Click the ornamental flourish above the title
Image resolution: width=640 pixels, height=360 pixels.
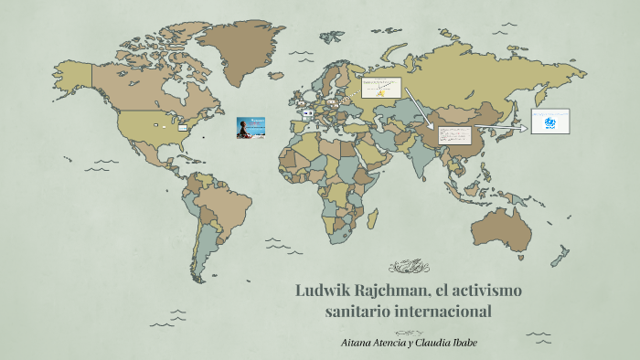click(409, 267)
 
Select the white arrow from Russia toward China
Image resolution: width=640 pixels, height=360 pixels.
click(421, 109)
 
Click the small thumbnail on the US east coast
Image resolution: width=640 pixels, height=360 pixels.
click(183, 127)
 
